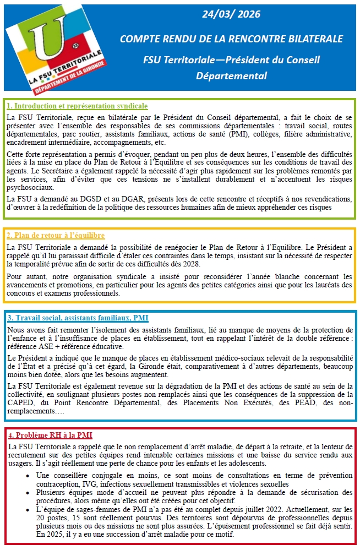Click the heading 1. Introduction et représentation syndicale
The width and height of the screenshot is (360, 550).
click(x=77, y=106)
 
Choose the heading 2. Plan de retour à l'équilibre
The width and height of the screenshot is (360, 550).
click(x=56, y=235)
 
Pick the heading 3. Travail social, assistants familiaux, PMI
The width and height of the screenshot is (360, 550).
click(x=78, y=318)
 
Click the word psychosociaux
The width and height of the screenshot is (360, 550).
click(x=30, y=187)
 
